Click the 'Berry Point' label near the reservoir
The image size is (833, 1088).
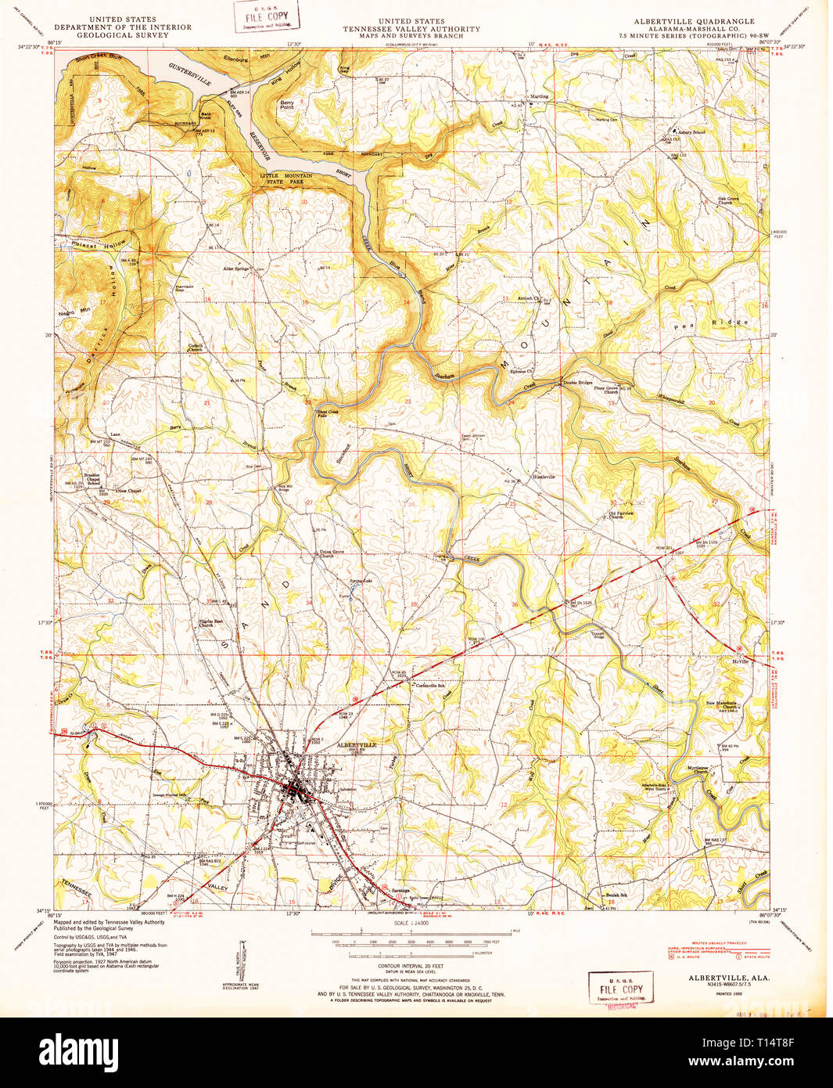[x=287, y=104]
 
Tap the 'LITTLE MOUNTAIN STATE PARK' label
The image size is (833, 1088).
[x=285, y=179]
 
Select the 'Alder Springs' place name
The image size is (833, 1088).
[x=235, y=268]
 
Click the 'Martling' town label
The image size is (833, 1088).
[x=539, y=96]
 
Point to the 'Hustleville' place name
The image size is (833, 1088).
[x=544, y=477]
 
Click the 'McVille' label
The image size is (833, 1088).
[x=740, y=661]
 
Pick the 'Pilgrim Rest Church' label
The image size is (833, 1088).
[x=210, y=623]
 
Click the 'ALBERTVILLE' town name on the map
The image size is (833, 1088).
[x=356, y=744]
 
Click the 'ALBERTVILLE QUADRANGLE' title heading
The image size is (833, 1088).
[x=694, y=21]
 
